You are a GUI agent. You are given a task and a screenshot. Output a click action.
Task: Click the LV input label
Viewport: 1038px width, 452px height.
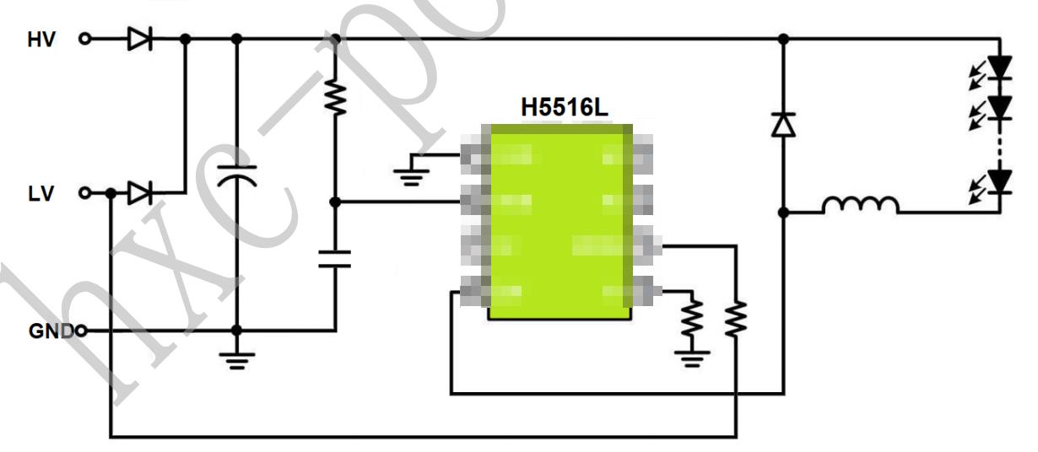point(39,194)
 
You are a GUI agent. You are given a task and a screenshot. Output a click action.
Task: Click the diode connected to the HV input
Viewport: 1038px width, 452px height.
point(139,39)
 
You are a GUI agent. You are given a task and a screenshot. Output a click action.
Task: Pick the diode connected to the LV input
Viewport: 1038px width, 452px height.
point(139,194)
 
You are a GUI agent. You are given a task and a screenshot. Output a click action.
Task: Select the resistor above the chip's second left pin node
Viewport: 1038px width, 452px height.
point(335,99)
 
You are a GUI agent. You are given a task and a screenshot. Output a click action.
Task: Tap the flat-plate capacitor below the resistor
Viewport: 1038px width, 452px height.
point(335,258)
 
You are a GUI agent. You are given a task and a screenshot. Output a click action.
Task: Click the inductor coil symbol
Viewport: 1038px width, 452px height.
point(860,206)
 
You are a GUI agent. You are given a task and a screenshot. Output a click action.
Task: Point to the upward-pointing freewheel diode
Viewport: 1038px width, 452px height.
point(784,125)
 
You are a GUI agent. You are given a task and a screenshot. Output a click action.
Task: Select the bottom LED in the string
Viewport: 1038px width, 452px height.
point(1000,181)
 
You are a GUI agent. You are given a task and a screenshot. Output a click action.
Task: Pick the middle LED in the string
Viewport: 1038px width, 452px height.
point(1000,107)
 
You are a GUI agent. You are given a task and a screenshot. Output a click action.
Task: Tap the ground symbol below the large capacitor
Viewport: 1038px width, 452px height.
point(237,360)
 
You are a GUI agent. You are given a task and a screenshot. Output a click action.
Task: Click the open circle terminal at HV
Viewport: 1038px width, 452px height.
point(84,39)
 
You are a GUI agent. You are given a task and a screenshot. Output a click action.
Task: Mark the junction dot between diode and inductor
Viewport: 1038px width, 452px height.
point(784,213)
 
